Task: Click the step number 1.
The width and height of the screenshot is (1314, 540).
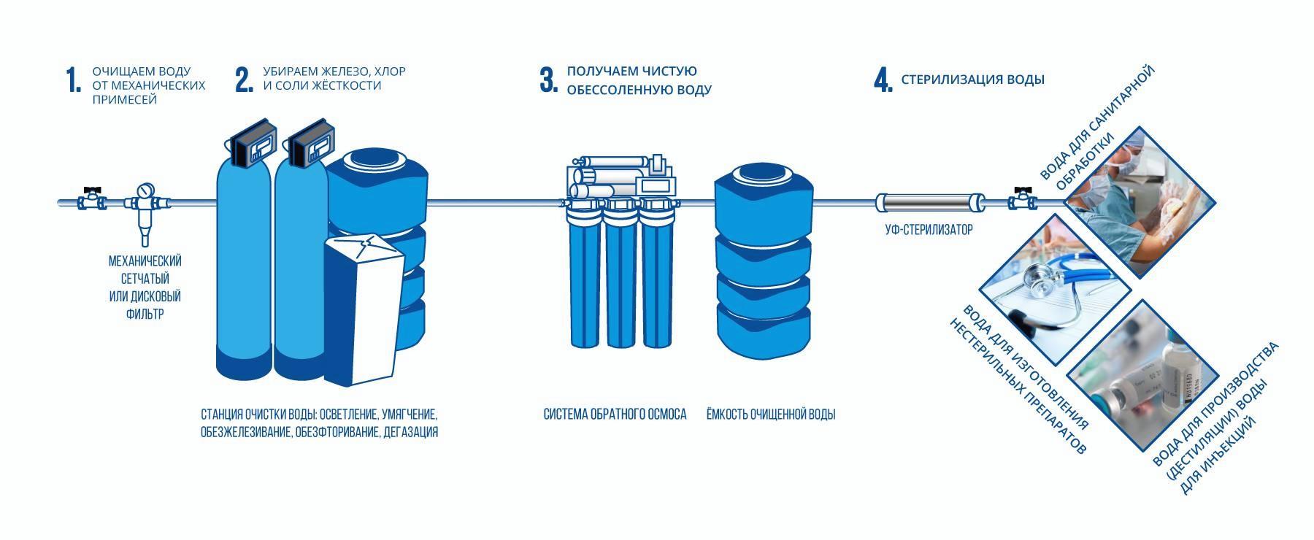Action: pyautogui.click(x=73, y=80)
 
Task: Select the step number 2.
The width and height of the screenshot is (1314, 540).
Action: pyautogui.click(x=244, y=80)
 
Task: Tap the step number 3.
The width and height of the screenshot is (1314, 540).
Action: pyautogui.click(x=548, y=80)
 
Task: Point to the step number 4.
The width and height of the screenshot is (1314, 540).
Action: pyautogui.click(x=883, y=80)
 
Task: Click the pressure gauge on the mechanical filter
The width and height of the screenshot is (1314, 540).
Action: pyautogui.click(x=146, y=190)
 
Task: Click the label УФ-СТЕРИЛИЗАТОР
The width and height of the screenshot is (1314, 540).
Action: pyautogui.click(x=929, y=230)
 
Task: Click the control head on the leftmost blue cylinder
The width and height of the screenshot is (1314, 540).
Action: pyautogui.click(x=253, y=144)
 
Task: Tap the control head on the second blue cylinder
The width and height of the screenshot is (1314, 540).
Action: pyautogui.click(x=307, y=144)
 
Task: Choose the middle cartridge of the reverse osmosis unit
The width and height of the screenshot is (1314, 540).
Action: pyautogui.click(x=623, y=277)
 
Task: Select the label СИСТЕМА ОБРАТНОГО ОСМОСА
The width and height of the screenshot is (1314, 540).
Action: pyautogui.click(x=615, y=414)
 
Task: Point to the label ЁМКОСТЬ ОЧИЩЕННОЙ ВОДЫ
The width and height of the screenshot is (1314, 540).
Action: pyautogui.click(x=770, y=414)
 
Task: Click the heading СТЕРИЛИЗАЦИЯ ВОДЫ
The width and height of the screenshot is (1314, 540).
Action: pyautogui.click(x=972, y=80)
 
